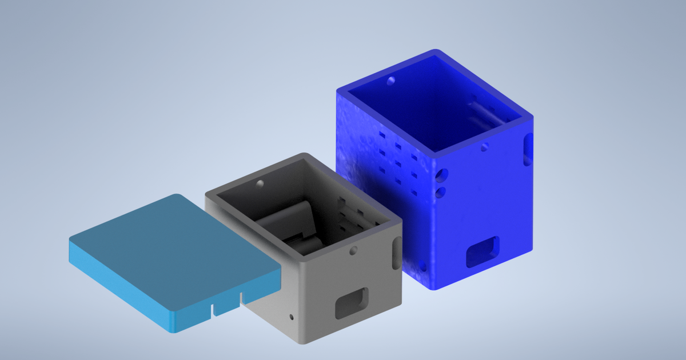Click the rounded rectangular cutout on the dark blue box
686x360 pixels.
(483, 251)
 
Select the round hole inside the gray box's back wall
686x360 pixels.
(260, 183)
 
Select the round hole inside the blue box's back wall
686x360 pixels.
(391, 81)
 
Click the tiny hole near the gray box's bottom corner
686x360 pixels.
(292, 315)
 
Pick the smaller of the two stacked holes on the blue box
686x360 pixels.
(440, 191)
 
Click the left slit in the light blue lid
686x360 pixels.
(213, 310)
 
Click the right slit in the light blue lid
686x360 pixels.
(241, 298)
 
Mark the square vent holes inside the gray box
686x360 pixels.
(349, 214)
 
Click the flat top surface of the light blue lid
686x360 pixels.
(171, 246)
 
